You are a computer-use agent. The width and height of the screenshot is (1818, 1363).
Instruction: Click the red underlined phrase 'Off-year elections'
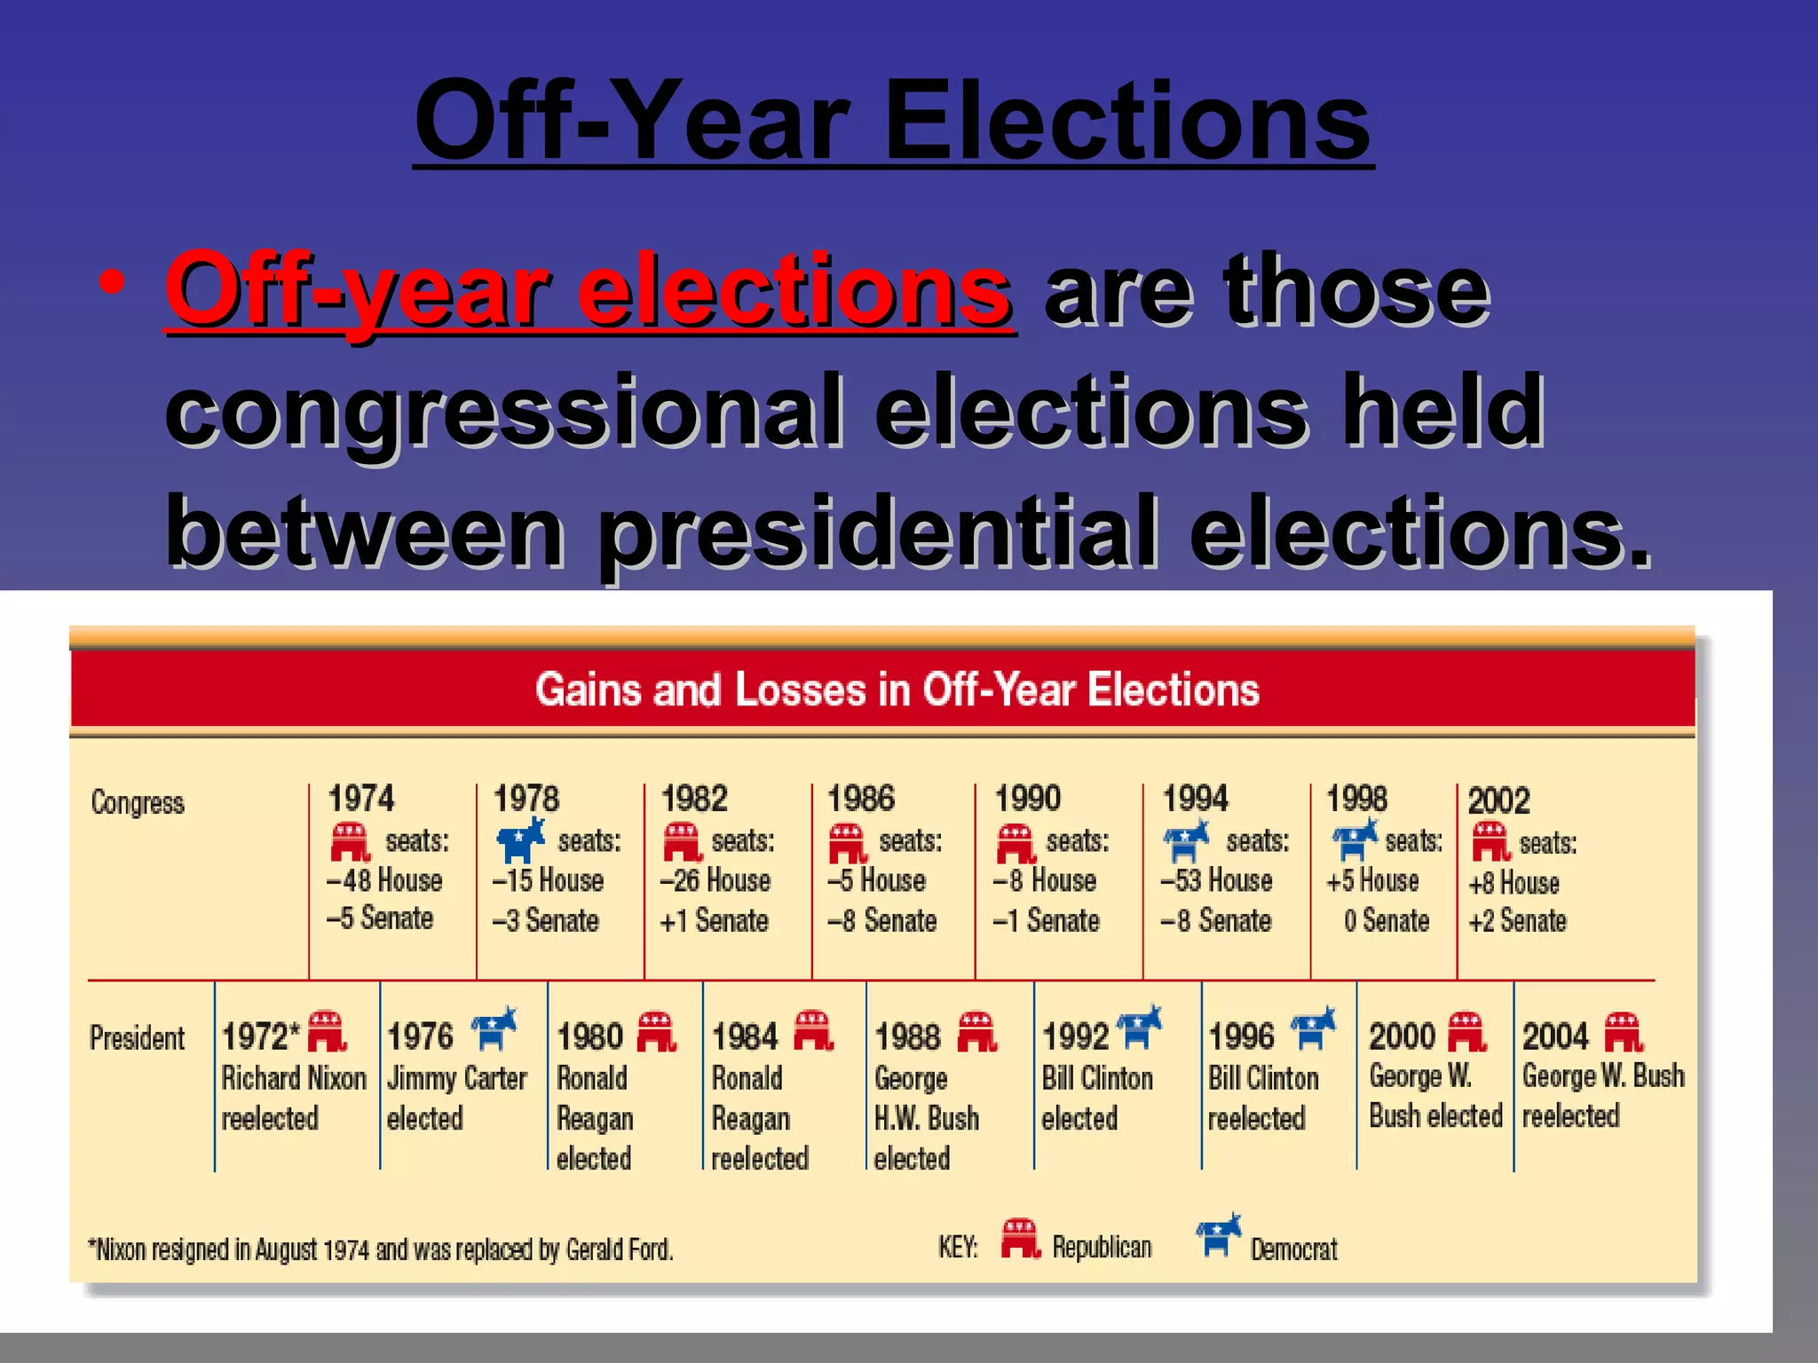[x=589, y=289]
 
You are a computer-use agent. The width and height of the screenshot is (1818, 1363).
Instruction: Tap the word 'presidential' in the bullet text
[x=879, y=532]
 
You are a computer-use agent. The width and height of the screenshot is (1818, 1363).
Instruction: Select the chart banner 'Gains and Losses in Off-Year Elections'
[x=897, y=689]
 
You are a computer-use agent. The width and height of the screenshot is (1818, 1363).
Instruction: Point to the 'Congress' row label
[x=138, y=802]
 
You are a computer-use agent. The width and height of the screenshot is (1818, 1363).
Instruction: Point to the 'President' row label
[x=137, y=1037]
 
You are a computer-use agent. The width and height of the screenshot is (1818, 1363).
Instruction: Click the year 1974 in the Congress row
[x=360, y=798]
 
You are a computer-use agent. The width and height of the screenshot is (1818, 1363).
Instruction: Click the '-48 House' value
[x=384, y=880]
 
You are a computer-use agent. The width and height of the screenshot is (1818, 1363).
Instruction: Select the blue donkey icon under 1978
[x=520, y=839]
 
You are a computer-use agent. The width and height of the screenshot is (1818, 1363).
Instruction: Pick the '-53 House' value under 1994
[x=1216, y=880]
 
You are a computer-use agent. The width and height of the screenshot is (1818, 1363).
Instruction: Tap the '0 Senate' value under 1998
[x=1386, y=921]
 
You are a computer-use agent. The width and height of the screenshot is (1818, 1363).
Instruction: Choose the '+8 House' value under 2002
[x=1514, y=883]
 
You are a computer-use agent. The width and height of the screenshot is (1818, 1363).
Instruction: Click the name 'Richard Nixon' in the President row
[x=294, y=1078]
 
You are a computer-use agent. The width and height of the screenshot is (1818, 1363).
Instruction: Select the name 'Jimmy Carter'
[x=457, y=1078]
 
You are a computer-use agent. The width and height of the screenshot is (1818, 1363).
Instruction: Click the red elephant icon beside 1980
[x=657, y=1032]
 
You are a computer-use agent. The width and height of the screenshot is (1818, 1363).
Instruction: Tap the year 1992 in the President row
[x=1075, y=1036]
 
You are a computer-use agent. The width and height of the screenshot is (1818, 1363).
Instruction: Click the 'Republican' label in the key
[x=1102, y=1247]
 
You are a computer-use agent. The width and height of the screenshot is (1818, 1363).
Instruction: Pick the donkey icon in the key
[x=1218, y=1235]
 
